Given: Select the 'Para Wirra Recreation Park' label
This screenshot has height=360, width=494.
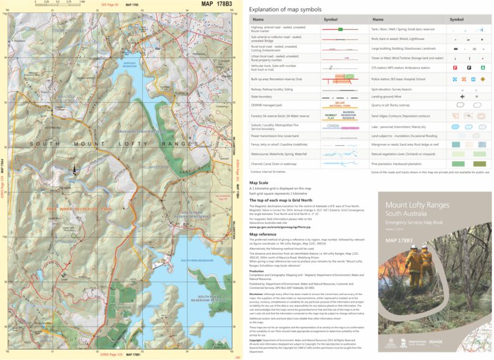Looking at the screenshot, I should coord(78,208).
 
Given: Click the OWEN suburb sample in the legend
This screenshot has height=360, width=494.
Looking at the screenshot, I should coord(332,126).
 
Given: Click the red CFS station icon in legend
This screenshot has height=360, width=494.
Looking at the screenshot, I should coord(453,68).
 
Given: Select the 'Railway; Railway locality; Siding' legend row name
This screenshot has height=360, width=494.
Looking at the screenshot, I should coord(276,88).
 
